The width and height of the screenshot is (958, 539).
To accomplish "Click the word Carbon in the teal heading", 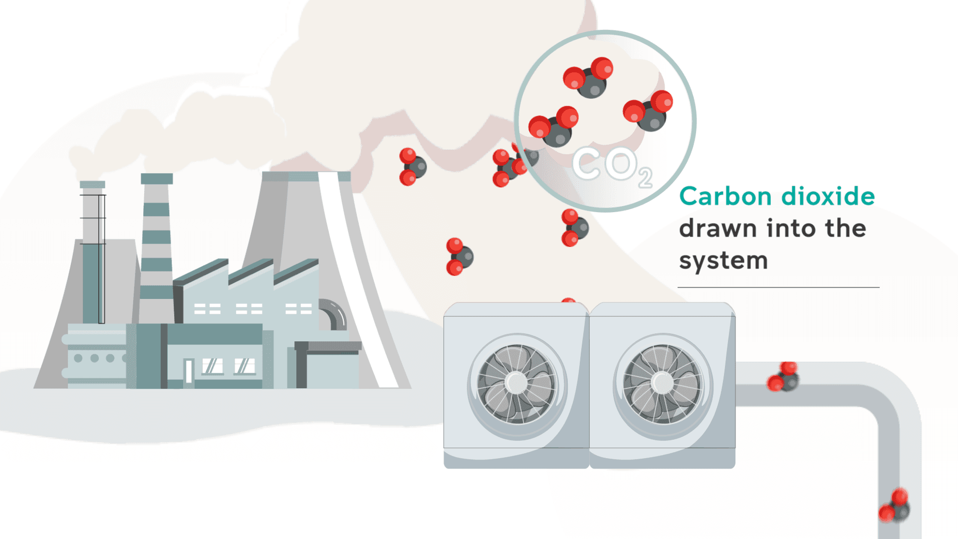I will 725,197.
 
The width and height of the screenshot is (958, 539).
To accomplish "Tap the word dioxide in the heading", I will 828,197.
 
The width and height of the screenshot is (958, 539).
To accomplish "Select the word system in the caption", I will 723,261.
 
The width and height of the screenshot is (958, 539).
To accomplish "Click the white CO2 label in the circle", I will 612,165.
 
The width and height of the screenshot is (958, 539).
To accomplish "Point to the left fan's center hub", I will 516,383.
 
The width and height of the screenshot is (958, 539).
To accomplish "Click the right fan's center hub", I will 662,383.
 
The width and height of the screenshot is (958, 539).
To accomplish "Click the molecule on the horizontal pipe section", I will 784,378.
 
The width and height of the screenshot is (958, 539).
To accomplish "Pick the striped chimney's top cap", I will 157,179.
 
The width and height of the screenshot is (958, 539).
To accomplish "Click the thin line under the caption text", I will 778,287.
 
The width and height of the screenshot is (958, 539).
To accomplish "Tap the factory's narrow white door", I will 189,371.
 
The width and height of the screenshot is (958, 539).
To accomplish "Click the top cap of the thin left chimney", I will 92,185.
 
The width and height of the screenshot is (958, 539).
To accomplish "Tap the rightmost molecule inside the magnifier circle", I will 648,111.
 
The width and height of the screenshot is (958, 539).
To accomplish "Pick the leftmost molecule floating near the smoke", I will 412,167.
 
